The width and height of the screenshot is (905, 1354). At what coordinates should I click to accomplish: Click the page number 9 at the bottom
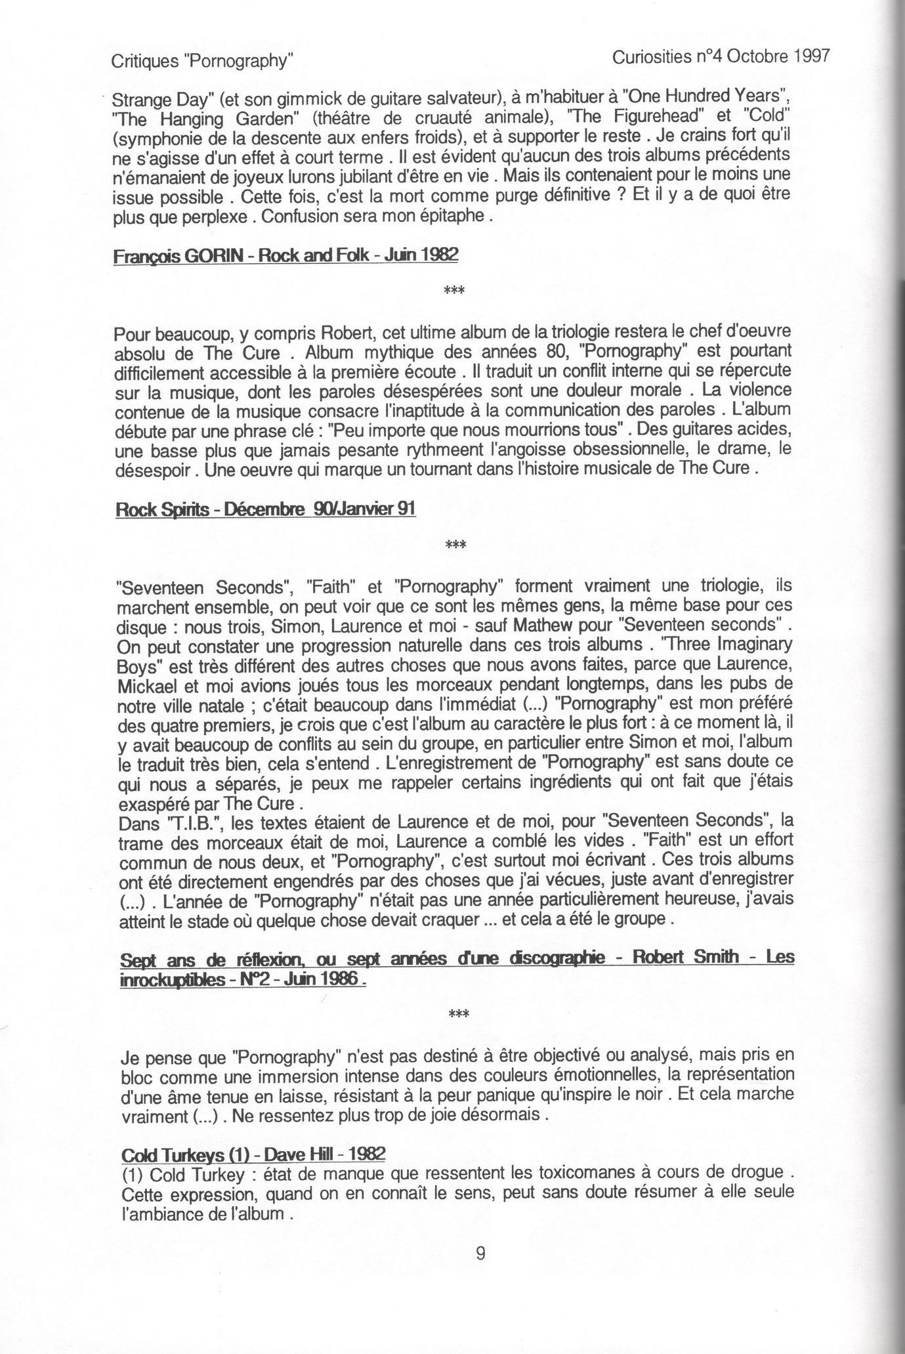(480, 1272)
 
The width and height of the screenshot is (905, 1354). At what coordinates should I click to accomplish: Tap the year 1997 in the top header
(808, 56)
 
